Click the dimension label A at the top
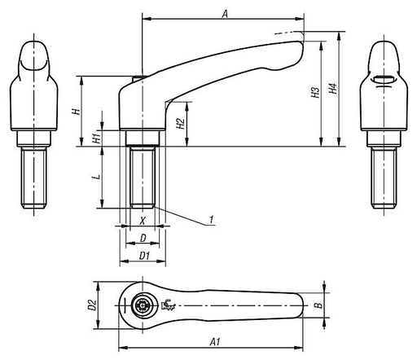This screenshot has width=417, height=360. [225, 14]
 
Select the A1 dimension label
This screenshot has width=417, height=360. [215, 342]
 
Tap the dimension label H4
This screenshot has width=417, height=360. [333, 89]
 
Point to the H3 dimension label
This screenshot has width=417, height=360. [315, 92]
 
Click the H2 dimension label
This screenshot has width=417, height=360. [181, 124]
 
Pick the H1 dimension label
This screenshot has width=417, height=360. [97, 138]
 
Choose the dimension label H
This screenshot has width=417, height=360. [77, 111]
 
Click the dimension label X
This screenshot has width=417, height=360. [142, 222]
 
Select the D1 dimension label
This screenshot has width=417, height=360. [144, 256]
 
